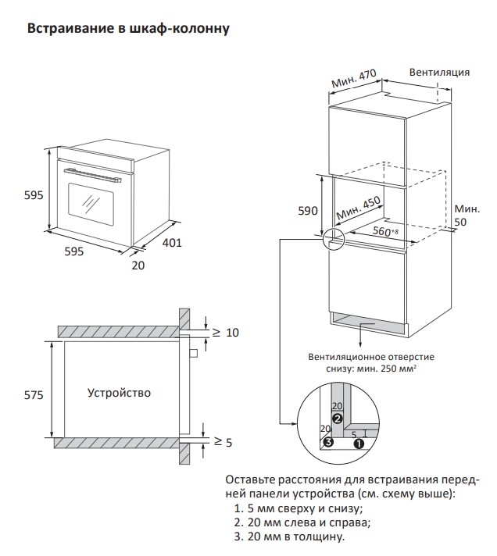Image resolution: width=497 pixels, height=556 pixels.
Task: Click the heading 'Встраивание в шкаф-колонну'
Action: (x=128, y=30)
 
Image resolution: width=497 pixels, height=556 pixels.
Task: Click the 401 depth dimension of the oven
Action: (x=171, y=243)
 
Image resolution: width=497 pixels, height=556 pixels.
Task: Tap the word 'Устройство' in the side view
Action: (x=119, y=392)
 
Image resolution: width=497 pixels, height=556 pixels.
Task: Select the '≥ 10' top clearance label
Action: (x=225, y=333)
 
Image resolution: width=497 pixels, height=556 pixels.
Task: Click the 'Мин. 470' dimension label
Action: (x=354, y=80)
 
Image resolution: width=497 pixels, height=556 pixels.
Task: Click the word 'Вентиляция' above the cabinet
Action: (x=439, y=72)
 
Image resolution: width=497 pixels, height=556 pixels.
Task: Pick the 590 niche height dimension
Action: (x=308, y=211)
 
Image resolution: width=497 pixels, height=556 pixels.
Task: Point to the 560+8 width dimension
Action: (x=385, y=231)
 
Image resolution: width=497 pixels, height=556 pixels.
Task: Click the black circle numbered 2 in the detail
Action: (x=338, y=419)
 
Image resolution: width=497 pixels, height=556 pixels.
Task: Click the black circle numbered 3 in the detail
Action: (x=328, y=443)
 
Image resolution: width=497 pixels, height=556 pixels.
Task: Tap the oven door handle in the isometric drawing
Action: (x=91, y=173)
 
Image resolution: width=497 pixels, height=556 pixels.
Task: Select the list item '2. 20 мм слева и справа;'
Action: (x=302, y=522)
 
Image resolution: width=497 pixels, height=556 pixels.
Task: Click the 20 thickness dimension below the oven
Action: (x=138, y=266)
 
